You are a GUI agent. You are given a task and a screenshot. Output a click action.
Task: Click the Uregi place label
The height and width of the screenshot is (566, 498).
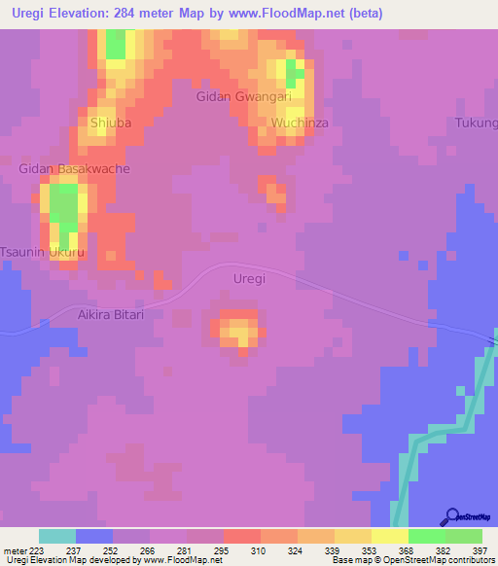pyautogui.click(x=250, y=278)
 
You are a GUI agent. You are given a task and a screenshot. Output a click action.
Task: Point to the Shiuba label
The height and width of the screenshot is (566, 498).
pyautogui.click(x=111, y=123)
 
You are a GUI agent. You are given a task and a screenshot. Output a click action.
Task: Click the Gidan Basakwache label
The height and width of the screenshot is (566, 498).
pyautogui.click(x=74, y=168)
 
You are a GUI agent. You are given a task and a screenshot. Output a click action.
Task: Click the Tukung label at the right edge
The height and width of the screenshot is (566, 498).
pyautogui.click(x=477, y=123)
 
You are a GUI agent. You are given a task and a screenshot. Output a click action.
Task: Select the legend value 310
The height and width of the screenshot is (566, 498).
pyautogui.click(x=258, y=550)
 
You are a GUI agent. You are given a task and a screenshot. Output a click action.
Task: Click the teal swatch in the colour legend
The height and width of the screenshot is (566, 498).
pyautogui.click(x=57, y=536)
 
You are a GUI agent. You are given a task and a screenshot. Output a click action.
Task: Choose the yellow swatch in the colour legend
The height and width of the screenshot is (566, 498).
pyautogui.click(x=390, y=536)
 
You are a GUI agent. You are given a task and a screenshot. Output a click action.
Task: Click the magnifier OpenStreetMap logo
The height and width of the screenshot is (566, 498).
pyautogui.click(x=452, y=516)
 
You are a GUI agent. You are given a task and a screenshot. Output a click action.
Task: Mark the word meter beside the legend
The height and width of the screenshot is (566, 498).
pyautogui.click(x=17, y=550)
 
